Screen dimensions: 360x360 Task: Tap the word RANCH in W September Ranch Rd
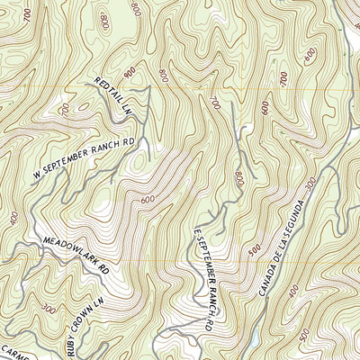tap(110, 152)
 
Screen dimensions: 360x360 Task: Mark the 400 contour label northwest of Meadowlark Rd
tap(13, 219)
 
